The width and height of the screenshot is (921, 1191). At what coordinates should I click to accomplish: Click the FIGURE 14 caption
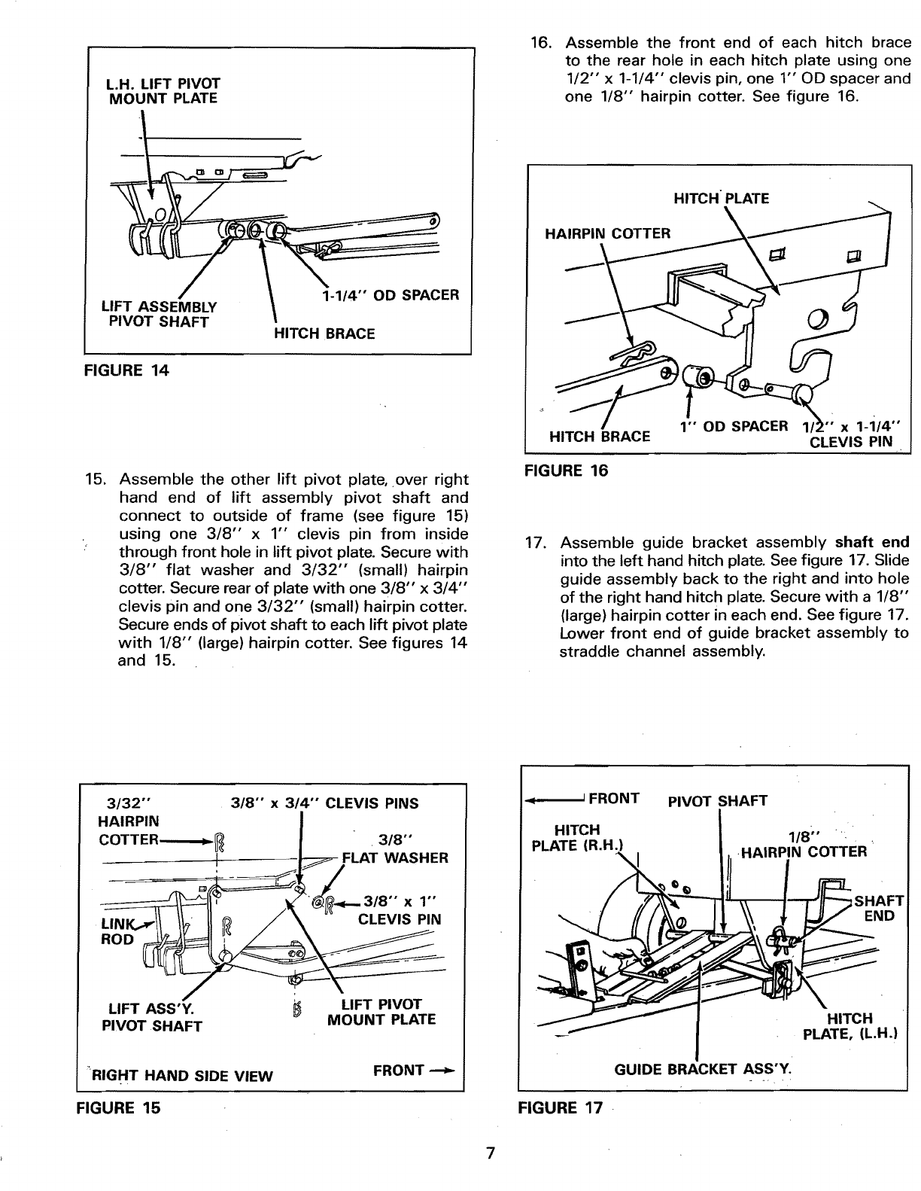point(128,370)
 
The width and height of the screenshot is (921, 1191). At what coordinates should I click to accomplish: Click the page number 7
point(490,1153)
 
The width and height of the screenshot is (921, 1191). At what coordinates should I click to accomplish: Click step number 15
point(99,480)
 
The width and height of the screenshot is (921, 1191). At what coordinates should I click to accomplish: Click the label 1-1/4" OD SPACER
point(390,295)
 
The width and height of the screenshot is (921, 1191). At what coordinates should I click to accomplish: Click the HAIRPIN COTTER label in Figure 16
point(607,233)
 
